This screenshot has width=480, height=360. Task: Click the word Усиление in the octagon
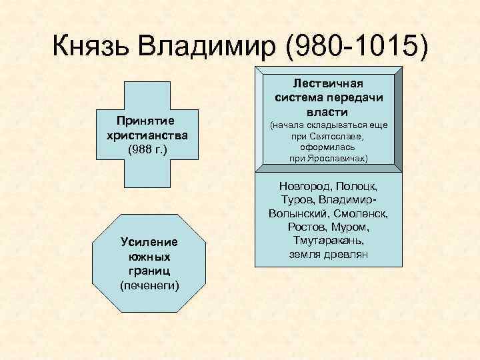click(x=149, y=241)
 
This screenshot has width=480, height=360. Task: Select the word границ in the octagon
click(x=149, y=270)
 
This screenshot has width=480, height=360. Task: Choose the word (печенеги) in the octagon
click(x=149, y=285)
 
